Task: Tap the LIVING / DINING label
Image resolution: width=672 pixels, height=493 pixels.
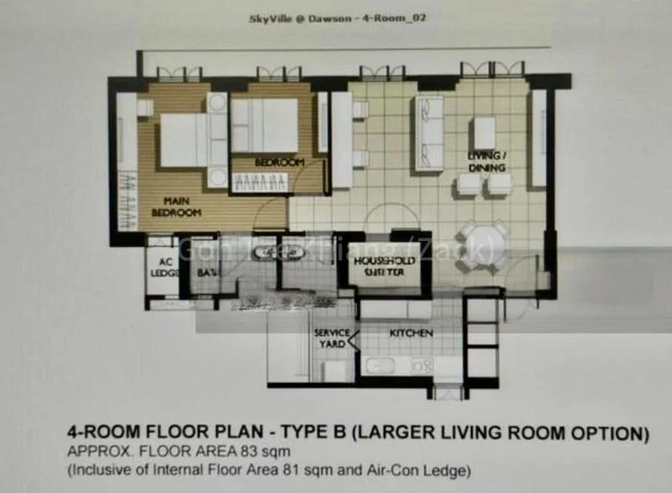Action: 487,162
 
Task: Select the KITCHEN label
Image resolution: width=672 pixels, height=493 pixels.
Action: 411,333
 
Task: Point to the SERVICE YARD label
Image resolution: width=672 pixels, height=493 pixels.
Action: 332,338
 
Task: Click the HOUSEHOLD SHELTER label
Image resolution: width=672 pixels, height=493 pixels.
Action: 386,267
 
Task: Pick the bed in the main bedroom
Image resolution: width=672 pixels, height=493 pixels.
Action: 185,140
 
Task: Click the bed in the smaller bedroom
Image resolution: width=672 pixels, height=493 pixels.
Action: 265,125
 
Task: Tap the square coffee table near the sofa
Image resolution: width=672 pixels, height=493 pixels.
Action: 485,132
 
